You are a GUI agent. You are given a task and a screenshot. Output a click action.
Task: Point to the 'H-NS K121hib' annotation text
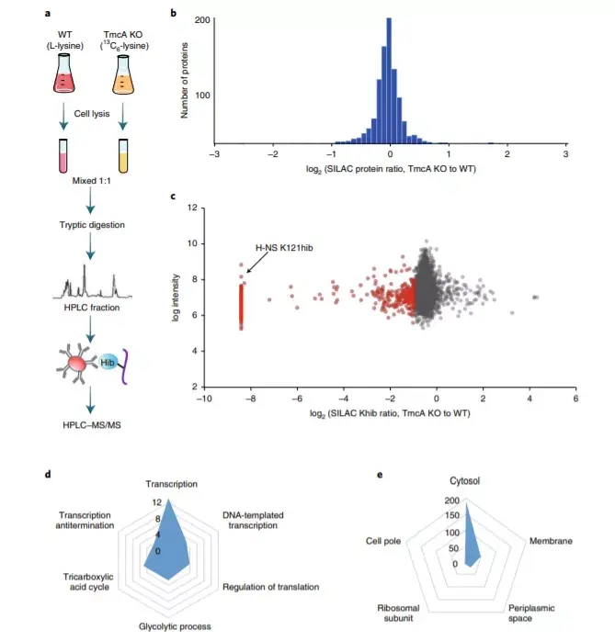click(283, 247)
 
